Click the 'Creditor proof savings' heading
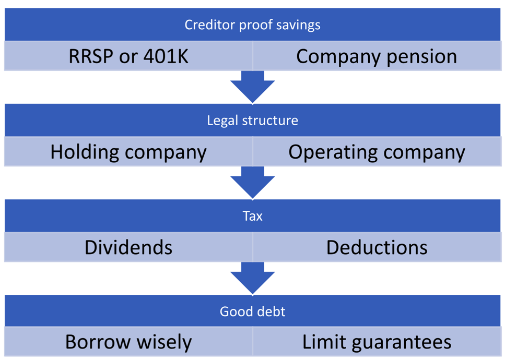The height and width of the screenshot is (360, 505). point(253,25)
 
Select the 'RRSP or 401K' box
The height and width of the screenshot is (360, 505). point(128,56)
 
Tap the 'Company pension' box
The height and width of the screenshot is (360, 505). point(377,56)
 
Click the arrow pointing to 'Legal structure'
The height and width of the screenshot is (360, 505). point(253,87)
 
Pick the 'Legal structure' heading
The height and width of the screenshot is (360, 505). point(253,121)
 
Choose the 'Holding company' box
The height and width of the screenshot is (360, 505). point(128,151)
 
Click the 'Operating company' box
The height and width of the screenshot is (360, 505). point(377,151)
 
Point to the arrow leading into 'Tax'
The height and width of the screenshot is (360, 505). point(253,183)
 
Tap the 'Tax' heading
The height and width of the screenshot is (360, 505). point(253,216)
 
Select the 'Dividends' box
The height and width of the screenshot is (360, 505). point(128,247)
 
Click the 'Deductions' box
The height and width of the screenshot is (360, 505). point(377,247)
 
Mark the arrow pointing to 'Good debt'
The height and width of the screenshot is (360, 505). point(253,278)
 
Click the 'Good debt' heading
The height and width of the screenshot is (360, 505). point(253,311)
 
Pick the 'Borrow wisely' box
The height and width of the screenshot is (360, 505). point(128,342)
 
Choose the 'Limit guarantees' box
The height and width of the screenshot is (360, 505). point(377,342)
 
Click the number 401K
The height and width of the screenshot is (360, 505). point(166,56)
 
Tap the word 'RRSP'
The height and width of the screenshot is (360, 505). point(91,56)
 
